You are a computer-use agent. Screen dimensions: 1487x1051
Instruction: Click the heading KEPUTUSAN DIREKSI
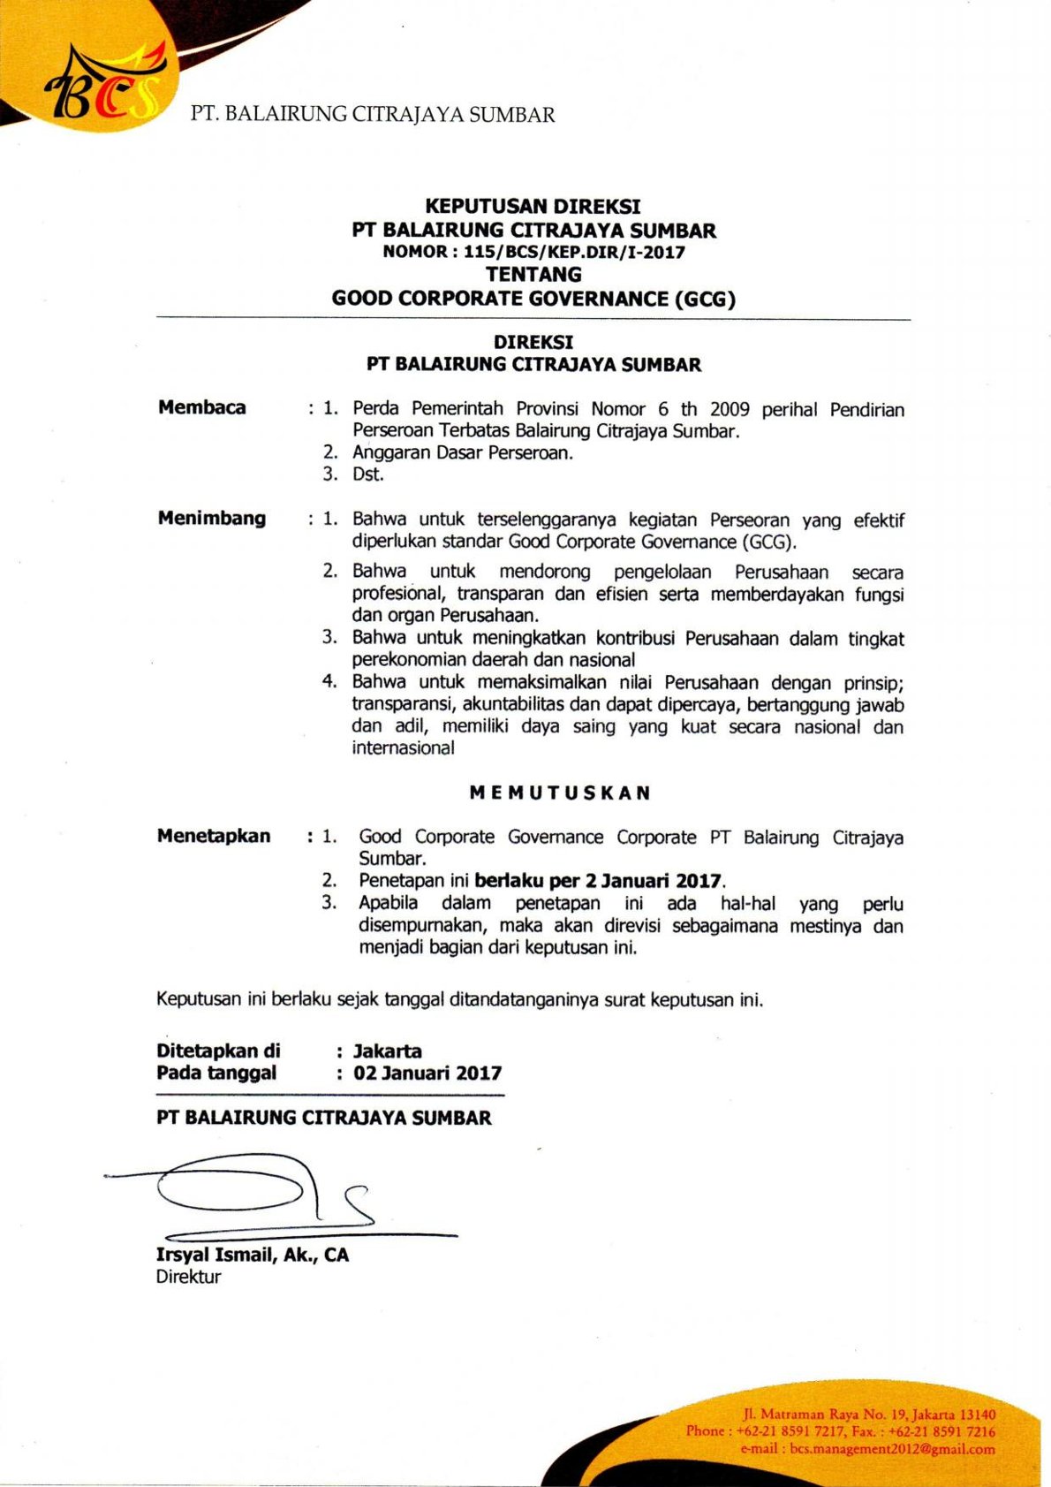pos(533,207)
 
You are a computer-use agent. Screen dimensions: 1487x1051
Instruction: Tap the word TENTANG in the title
pos(533,275)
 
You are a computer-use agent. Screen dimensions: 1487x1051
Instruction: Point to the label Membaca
pos(201,407)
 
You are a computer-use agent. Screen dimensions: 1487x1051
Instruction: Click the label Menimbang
pos(211,518)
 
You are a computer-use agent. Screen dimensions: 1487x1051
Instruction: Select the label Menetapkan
pos(214,836)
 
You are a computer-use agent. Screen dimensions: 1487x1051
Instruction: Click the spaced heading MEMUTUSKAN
pos(560,793)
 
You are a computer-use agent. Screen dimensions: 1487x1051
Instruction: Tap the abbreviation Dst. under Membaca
pos(367,474)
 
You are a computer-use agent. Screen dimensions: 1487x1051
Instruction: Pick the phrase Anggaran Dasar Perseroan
pos(463,452)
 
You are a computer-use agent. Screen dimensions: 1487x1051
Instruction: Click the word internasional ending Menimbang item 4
pos(403,748)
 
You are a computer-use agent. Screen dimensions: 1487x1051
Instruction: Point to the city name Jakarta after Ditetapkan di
pos(387,1051)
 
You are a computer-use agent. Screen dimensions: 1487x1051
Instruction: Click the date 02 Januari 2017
pos(427,1074)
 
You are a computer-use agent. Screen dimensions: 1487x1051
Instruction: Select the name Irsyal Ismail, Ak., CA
pos(253,1255)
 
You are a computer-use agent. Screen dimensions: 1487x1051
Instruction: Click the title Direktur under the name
pos(188,1277)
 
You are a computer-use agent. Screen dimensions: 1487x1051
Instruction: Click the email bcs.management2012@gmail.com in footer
pos(892,1449)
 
